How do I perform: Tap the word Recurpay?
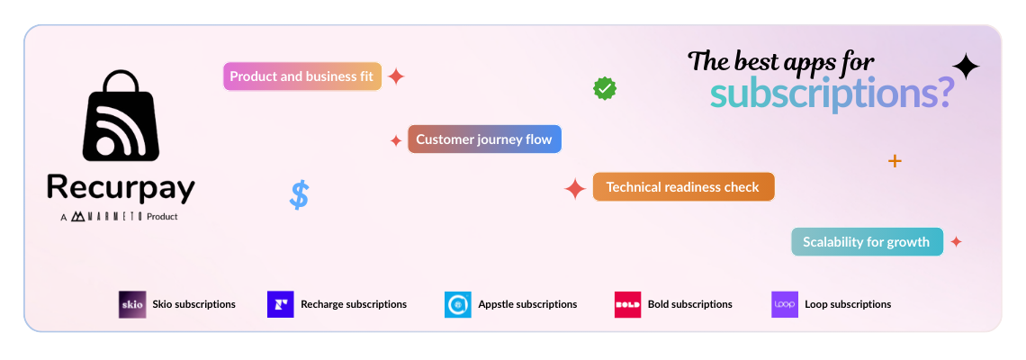[x=121, y=188]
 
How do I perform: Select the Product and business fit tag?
[x=301, y=76]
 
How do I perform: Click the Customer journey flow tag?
[x=484, y=139]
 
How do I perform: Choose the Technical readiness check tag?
[x=683, y=187]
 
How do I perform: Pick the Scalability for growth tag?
[x=867, y=241]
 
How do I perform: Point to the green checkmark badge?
[x=604, y=88]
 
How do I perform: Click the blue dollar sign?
[x=299, y=194]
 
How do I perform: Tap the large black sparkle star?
[x=965, y=67]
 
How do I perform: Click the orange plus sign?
[x=894, y=161]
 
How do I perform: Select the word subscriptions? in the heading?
[x=831, y=93]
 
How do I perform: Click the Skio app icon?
[x=131, y=304]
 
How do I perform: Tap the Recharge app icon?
[x=281, y=304]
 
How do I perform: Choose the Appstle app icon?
[x=457, y=304]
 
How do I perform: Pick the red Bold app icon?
[x=627, y=304]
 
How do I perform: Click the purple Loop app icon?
[x=785, y=304]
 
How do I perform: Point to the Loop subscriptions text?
[x=848, y=304]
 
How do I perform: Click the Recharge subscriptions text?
[x=354, y=304]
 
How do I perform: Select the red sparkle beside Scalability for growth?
[x=956, y=241]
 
